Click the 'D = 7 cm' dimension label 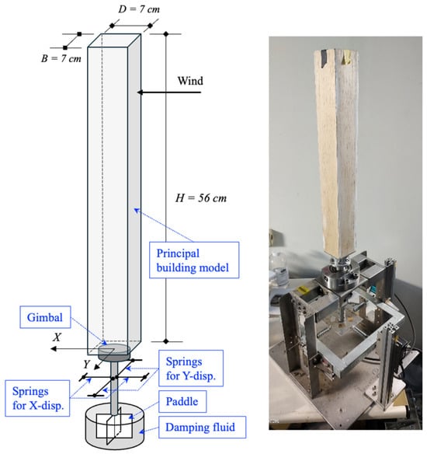(x=139, y=9)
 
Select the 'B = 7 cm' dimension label (x=61, y=58)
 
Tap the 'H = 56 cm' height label (x=201, y=198)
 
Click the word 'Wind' (x=190, y=81)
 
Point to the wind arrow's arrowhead (x=140, y=93)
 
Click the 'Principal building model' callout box (x=194, y=260)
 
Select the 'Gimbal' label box (x=45, y=317)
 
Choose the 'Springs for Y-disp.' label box (x=191, y=368)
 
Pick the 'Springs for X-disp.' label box (x=37, y=398)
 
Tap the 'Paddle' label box (x=182, y=402)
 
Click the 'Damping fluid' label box (x=202, y=428)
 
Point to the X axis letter (x=57, y=337)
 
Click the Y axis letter (x=87, y=365)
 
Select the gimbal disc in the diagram (x=114, y=352)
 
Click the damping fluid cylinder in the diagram (x=115, y=428)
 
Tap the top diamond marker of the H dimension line (x=165, y=34)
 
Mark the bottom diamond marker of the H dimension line (x=165, y=341)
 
